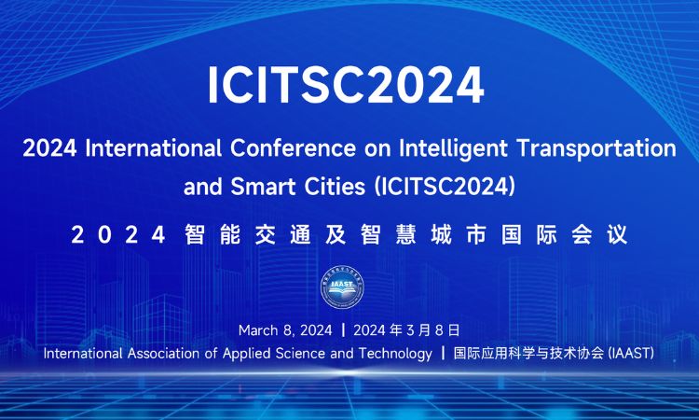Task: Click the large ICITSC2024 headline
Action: click(x=346, y=85)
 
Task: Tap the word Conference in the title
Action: click(x=294, y=148)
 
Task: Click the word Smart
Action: click(x=263, y=187)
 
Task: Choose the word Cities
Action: click(x=335, y=187)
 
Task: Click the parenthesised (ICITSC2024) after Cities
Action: click(x=445, y=188)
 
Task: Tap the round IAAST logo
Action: click(x=342, y=287)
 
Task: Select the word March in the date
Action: click(x=258, y=330)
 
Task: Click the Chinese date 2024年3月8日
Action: click(x=406, y=330)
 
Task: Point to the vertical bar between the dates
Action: click(x=343, y=330)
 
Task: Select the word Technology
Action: click(x=395, y=355)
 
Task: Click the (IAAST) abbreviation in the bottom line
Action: click(x=631, y=354)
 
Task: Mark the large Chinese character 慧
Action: click(x=405, y=235)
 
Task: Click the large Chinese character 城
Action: click(x=441, y=235)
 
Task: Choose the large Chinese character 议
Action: click(x=617, y=235)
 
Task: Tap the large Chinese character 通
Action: click(x=300, y=235)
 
